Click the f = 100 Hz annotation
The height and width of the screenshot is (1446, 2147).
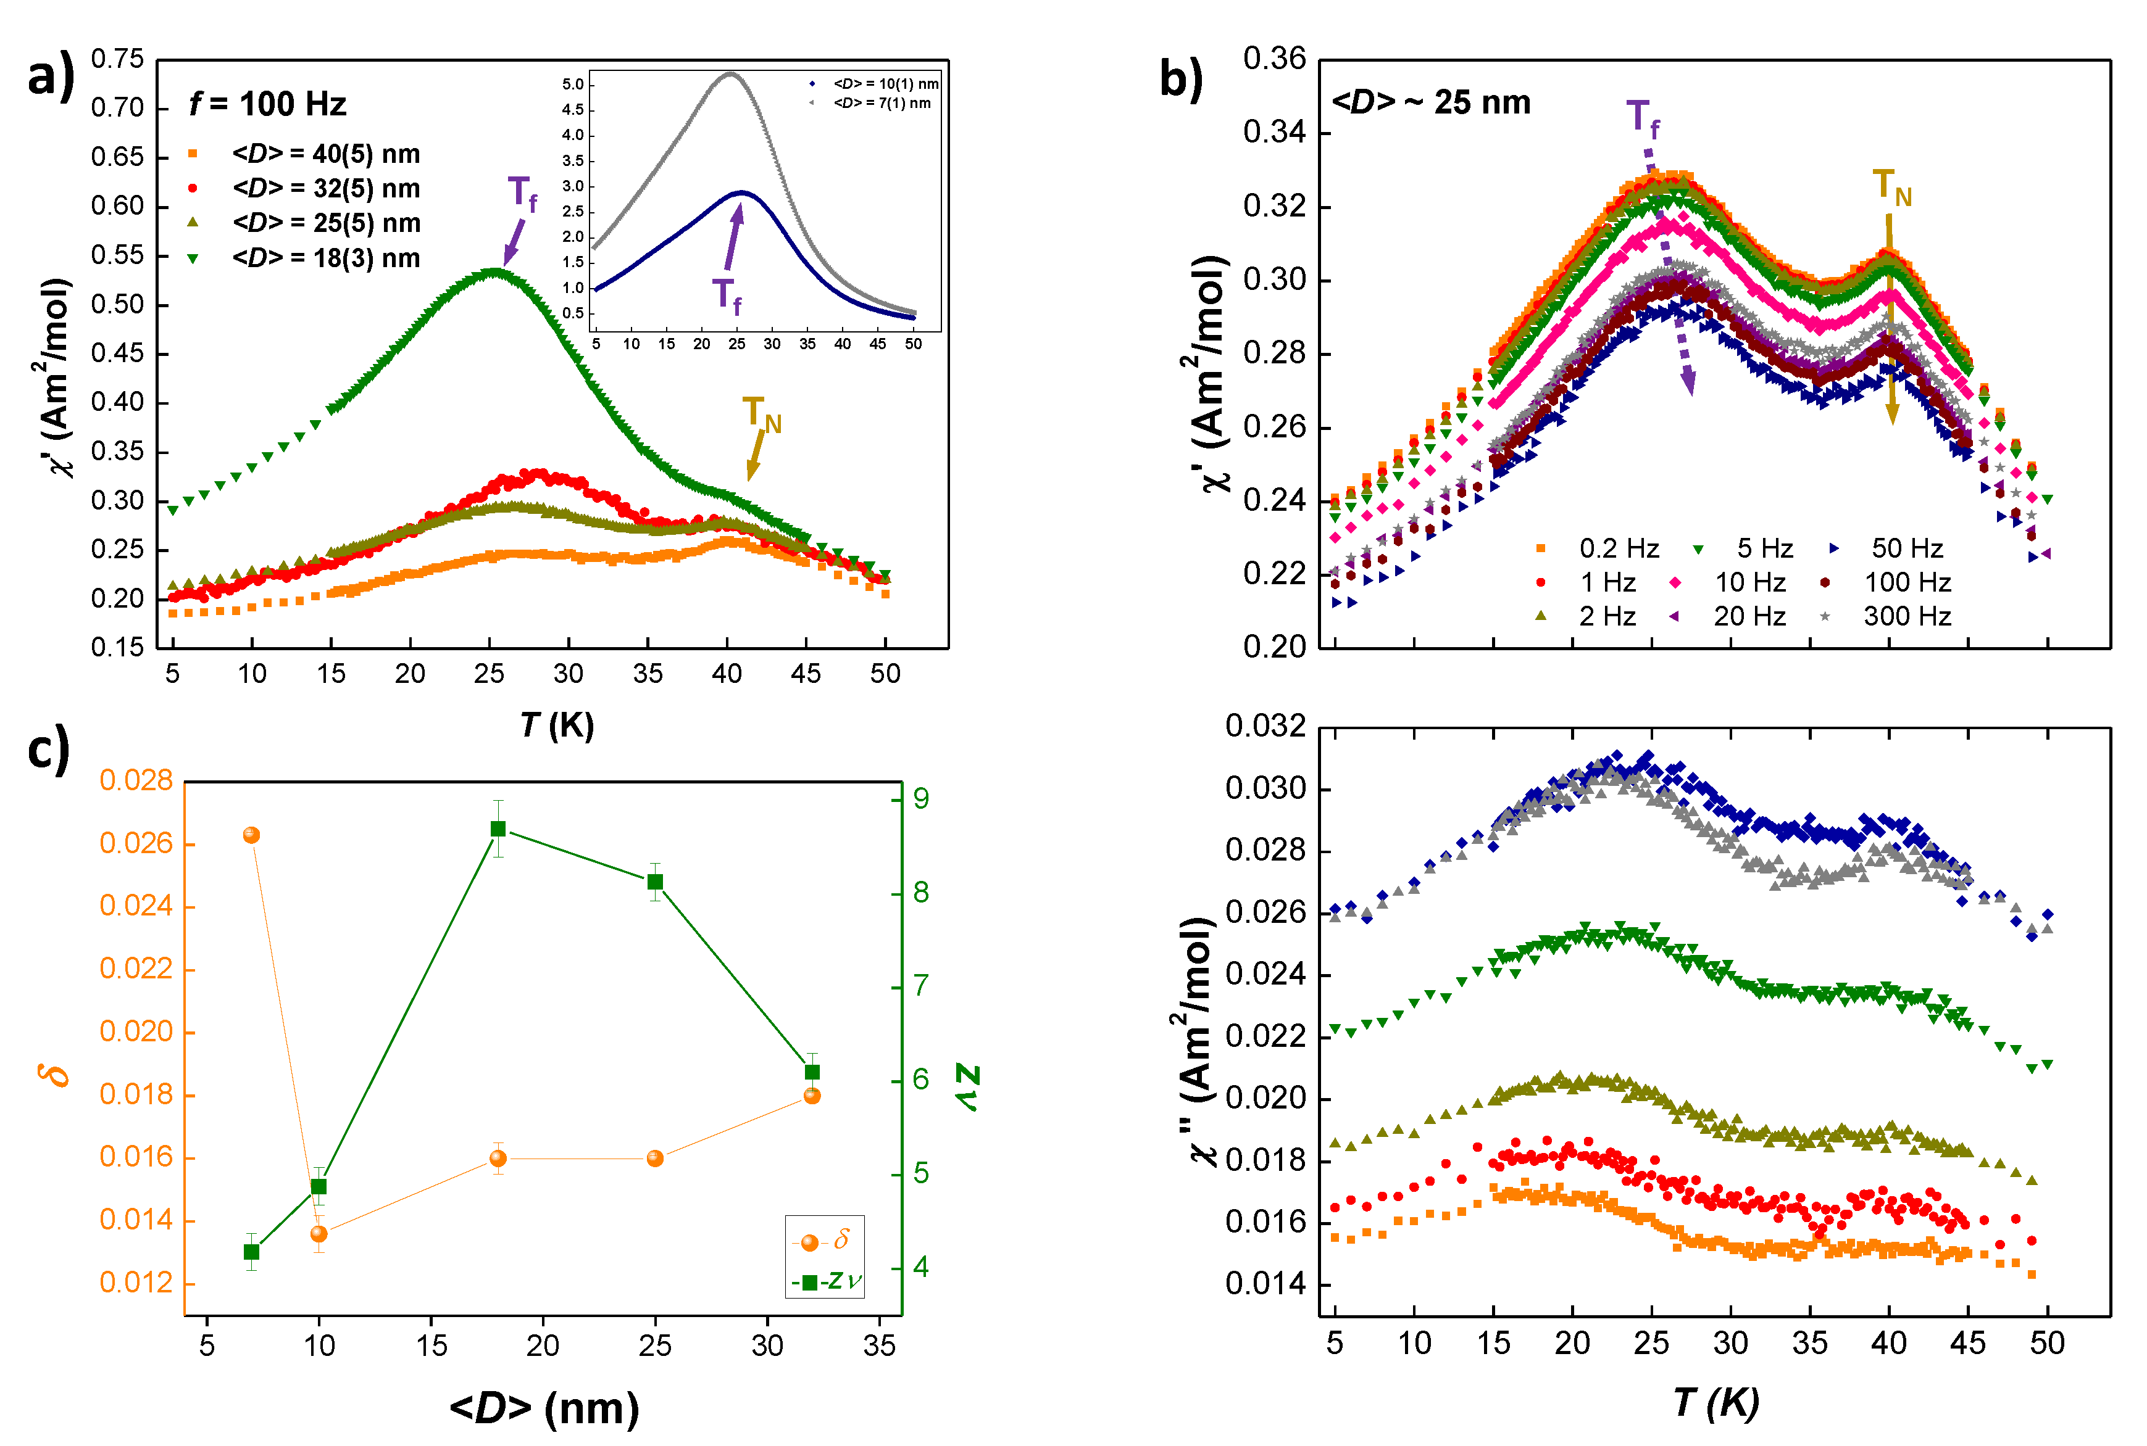267,103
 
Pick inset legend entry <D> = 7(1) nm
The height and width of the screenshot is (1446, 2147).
881,102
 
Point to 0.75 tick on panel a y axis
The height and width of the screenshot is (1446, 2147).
117,59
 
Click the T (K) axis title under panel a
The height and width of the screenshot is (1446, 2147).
556,725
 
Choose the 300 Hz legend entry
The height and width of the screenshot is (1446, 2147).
1906,616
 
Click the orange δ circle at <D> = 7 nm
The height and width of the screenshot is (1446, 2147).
251,835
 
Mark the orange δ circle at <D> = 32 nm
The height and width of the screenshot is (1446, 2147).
812,1096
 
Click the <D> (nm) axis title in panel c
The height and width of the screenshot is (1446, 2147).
544,1407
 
